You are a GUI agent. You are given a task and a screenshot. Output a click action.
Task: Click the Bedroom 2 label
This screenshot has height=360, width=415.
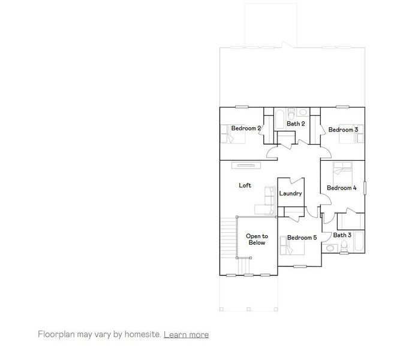coord(246,128)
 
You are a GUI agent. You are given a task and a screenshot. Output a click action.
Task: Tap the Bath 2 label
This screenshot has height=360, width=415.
coord(296,124)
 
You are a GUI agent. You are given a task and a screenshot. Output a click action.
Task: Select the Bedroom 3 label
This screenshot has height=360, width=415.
coord(343,130)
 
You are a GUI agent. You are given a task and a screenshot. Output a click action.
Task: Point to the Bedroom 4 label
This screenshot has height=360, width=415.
coord(342,188)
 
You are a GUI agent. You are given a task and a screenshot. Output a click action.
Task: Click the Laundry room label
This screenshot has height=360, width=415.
coord(291,194)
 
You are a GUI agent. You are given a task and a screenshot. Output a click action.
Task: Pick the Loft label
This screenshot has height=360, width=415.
coord(245,185)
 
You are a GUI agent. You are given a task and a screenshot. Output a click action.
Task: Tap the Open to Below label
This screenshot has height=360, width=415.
coord(257,239)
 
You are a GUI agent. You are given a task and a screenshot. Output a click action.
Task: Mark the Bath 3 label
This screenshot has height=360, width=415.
coord(342,235)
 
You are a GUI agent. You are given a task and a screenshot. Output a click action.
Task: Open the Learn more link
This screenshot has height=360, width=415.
coord(186,334)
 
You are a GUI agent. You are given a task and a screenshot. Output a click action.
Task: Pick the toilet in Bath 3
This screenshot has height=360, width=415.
coord(331,248)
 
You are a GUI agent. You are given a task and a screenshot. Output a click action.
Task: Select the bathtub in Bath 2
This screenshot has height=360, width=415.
coord(280,118)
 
